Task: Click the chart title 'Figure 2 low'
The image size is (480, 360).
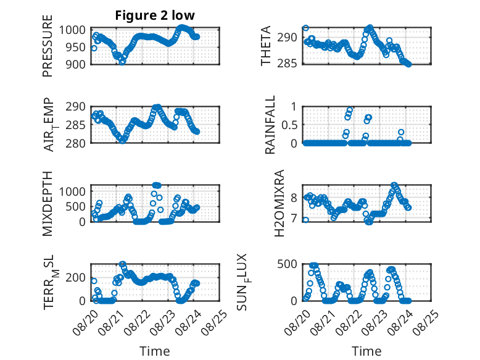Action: point(155,15)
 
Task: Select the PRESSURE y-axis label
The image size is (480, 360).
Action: point(48,46)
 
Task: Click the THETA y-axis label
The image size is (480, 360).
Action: point(266,46)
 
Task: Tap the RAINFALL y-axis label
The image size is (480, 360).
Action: point(270,125)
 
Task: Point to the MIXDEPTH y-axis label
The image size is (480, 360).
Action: point(48,204)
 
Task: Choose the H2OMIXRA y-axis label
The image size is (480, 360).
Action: point(279,203)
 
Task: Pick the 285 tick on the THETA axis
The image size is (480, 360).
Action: point(287,63)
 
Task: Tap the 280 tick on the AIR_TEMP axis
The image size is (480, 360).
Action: point(75,143)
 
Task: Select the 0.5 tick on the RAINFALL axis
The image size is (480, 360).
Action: point(289,125)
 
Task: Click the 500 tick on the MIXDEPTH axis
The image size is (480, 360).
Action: point(76,206)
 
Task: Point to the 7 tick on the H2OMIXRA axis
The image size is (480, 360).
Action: point(294,219)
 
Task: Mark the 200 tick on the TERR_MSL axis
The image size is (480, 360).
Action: point(76,277)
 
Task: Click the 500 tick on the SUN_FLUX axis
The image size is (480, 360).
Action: point(287,264)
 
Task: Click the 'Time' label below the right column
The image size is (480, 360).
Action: point(366,351)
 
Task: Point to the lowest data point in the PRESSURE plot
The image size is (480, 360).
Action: point(122,62)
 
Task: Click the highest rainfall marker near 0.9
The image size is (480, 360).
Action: point(350,110)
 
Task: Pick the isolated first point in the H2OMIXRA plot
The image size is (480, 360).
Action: point(305,220)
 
